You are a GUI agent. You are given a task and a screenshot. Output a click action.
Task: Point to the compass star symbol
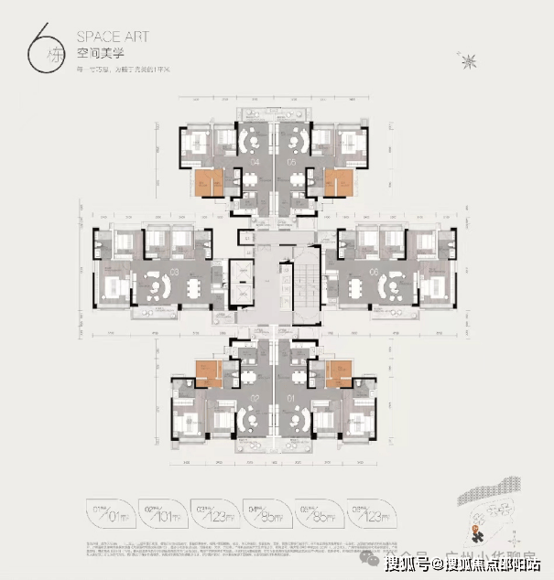coord(473,61)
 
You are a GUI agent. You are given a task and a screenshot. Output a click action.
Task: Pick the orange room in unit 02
coord(207,372)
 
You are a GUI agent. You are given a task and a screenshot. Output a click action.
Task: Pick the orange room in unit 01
coord(339,372)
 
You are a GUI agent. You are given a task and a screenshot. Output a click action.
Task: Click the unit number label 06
coord(375,273)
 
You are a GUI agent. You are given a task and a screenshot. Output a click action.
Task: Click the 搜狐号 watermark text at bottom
coord(413,564)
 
